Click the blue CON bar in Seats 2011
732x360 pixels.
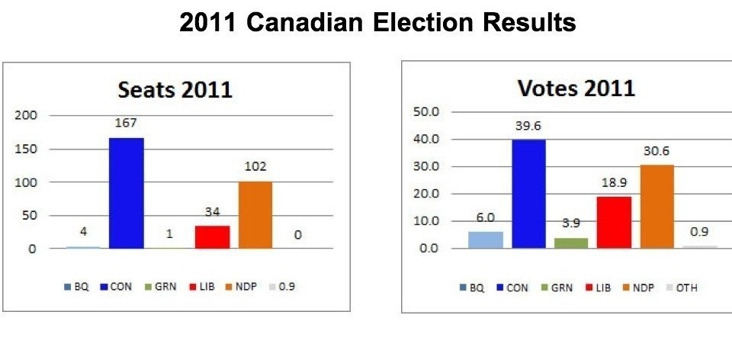(x=126, y=193)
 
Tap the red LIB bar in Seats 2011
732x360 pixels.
(x=212, y=236)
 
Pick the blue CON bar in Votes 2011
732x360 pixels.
(x=528, y=194)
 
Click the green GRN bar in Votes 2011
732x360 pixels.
(x=571, y=243)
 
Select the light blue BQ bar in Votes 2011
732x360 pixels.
(x=486, y=239)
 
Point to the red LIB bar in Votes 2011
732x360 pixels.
(x=615, y=222)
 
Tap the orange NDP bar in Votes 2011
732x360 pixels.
(x=657, y=206)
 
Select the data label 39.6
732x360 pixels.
(x=528, y=127)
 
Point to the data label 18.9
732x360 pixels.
(x=615, y=184)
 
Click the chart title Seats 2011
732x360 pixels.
(x=175, y=89)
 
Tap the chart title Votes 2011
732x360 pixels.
(x=576, y=88)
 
